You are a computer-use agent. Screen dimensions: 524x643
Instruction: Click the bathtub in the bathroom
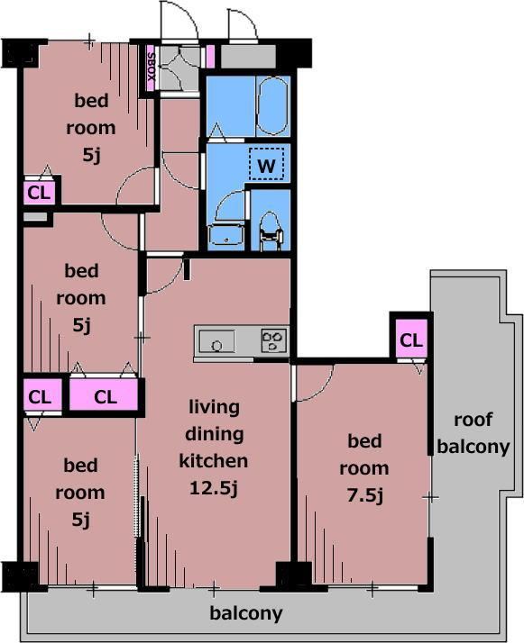(271, 105)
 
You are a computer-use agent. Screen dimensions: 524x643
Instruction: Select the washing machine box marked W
(267, 164)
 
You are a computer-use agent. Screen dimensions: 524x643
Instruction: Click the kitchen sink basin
(217, 341)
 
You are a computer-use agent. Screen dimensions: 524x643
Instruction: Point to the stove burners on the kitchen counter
(273, 341)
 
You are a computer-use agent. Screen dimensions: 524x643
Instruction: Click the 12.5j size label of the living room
(214, 488)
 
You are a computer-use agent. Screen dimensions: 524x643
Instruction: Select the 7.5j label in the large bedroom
(365, 496)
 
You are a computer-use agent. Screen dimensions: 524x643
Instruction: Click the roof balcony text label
(473, 433)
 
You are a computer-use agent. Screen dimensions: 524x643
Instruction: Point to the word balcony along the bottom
(246, 613)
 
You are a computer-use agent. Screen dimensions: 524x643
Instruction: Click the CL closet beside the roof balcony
(411, 340)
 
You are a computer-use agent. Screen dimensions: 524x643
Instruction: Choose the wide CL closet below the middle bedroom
(104, 395)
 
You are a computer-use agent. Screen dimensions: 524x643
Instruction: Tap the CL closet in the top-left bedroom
(39, 193)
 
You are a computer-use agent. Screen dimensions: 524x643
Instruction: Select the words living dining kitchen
(214, 434)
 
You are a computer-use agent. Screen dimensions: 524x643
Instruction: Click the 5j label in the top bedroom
(92, 155)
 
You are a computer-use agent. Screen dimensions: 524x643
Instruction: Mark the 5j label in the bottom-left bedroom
(81, 520)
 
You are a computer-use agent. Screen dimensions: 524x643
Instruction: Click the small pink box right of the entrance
(210, 56)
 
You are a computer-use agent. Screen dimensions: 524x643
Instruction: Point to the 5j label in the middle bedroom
(81, 325)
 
